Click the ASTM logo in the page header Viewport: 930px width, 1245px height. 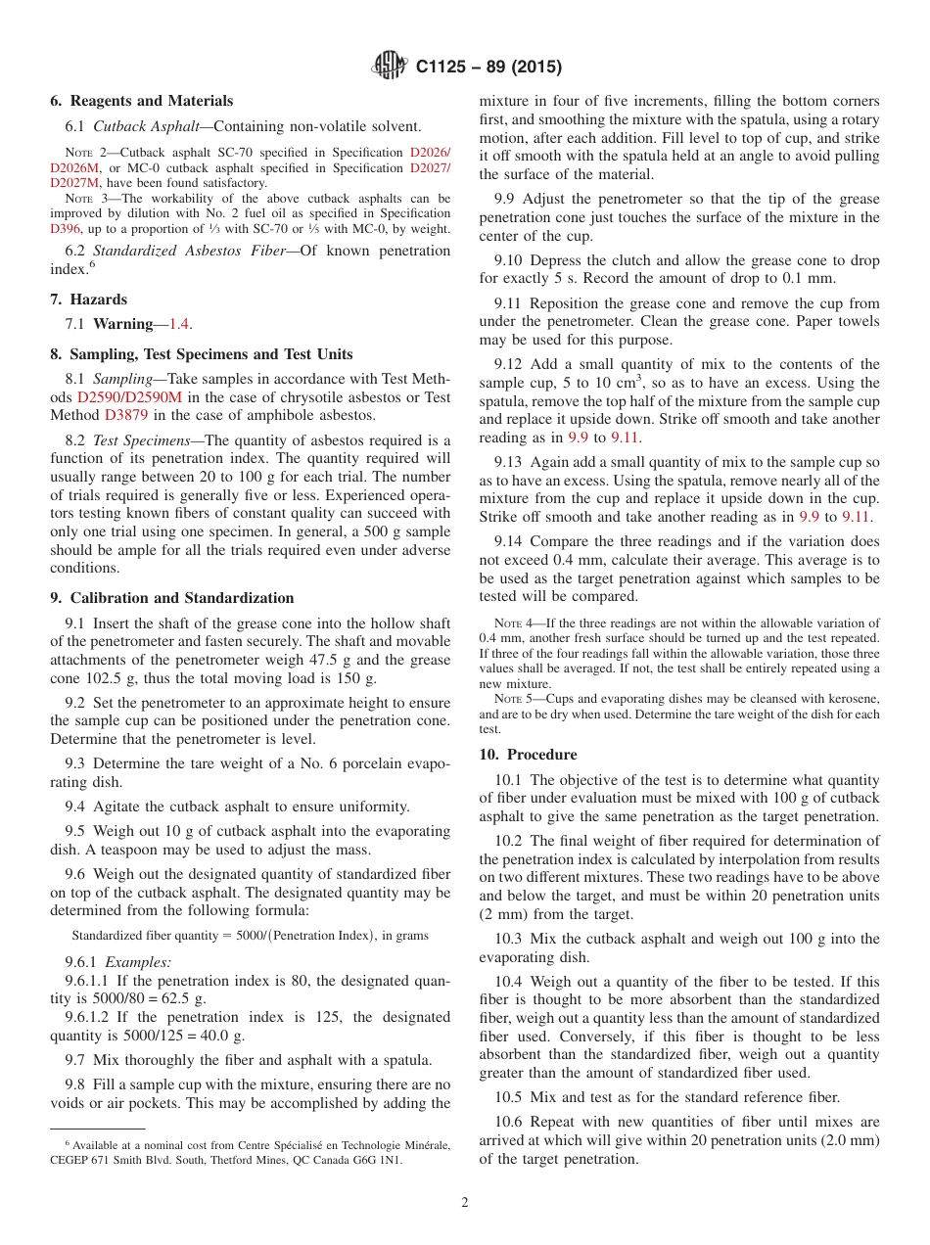click(x=390, y=67)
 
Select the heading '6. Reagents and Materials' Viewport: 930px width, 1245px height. click(x=141, y=101)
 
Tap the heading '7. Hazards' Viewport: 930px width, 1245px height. click(x=88, y=300)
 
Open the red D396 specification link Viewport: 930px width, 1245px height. click(x=66, y=229)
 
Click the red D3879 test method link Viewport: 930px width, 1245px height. click(x=123, y=415)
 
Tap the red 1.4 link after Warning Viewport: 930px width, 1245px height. click(x=180, y=323)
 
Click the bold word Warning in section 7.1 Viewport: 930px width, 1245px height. click(x=123, y=323)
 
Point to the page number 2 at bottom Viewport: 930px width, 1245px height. click(x=465, y=1203)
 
